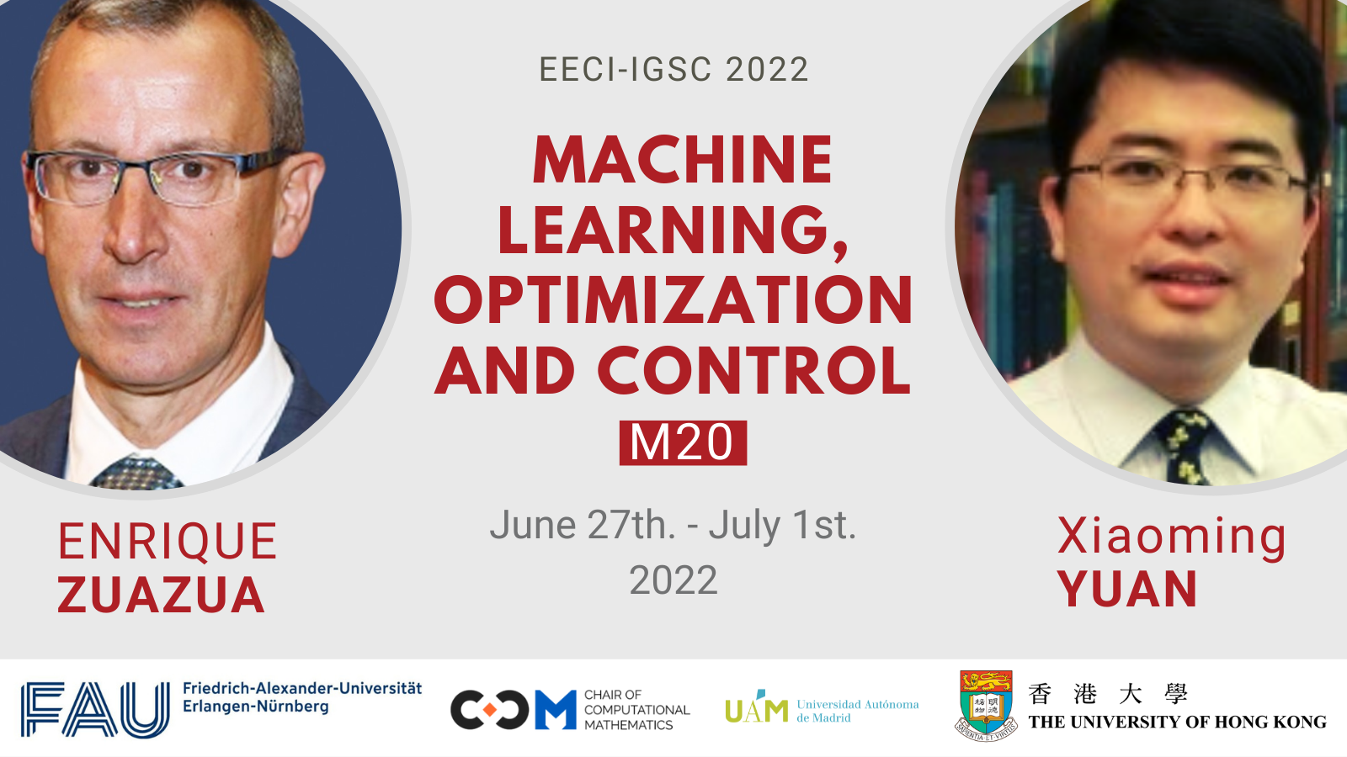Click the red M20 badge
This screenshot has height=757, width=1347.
click(x=683, y=442)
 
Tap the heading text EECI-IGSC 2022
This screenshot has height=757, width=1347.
click(x=673, y=70)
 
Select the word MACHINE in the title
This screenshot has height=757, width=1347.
click(x=683, y=159)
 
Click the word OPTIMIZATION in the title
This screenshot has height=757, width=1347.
click(x=673, y=299)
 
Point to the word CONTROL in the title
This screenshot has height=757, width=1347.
click(x=754, y=370)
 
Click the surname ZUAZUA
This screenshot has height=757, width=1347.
click(x=161, y=595)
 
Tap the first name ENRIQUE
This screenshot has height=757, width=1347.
click(x=168, y=542)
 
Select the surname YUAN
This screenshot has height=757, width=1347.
click(x=1128, y=589)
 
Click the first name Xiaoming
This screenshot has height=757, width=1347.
click(x=1171, y=536)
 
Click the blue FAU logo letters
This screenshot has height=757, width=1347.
click(x=96, y=710)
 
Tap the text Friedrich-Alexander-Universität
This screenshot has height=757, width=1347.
click(x=302, y=688)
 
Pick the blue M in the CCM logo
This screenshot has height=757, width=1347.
click(x=556, y=710)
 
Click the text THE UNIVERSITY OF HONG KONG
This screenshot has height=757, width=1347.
click(x=1178, y=722)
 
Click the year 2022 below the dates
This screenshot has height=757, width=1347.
click(x=673, y=580)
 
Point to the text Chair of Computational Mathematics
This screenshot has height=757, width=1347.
click(x=637, y=710)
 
